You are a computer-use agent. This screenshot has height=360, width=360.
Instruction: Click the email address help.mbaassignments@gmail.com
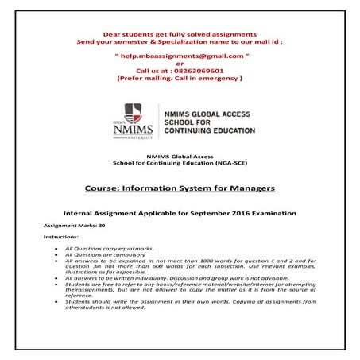(180, 57)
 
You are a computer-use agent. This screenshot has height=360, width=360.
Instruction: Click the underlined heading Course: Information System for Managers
(180, 188)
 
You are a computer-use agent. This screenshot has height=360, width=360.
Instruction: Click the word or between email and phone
(180, 64)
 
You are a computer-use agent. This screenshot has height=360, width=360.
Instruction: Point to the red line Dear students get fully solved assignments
(180, 33)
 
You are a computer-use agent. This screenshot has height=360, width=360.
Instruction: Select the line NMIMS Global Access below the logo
(180, 157)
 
